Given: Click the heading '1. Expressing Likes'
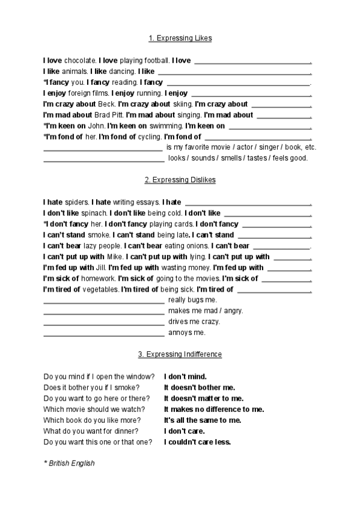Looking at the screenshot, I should (180, 38).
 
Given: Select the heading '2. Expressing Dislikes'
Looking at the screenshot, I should (180, 180).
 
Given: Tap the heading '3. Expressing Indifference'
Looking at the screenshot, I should (180, 354).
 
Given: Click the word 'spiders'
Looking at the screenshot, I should (76, 202).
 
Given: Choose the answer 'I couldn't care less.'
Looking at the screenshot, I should (197, 441).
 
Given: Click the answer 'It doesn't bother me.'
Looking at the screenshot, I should (200, 387).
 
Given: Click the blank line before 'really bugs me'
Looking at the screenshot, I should (103, 301).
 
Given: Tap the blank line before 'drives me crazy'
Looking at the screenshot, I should (103, 322).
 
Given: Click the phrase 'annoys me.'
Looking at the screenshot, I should (187, 332).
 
